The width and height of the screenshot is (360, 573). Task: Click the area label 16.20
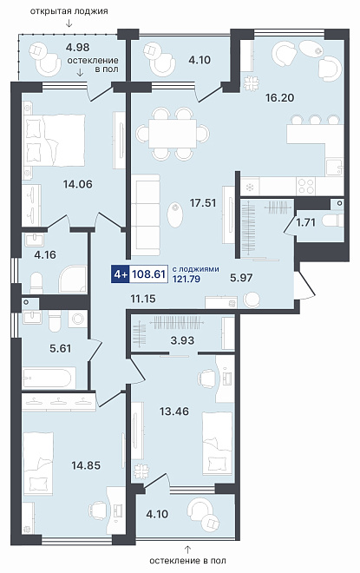pyautogui.click(x=279, y=97)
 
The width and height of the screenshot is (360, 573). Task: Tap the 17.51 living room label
pyautogui.click(x=203, y=202)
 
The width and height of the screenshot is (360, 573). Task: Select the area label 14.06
pyautogui.click(x=77, y=184)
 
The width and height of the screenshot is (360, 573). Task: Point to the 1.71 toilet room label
pyautogui.click(x=305, y=222)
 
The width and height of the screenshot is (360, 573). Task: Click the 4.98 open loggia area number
pyautogui.click(x=77, y=47)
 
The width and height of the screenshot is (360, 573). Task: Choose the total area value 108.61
pyautogui.click(x=148, y=273)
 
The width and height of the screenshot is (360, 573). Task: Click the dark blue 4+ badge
pyautogui.click(x=120, y=273)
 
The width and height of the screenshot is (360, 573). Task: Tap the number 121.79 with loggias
pyautogui.click(x=186, y=280)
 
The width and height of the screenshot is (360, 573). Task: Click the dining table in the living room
pyautogui.click(x=173, y=134)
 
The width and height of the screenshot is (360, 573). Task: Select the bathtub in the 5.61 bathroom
pyautogui.click(x=46, y=379)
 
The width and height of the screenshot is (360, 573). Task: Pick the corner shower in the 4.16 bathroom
pyautogui.click(x=74, y=280)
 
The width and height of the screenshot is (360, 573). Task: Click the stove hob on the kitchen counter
pyautogui.click(x=305, y=186)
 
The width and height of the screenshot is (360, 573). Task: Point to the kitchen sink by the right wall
pyautogui.click(x=335, y=167)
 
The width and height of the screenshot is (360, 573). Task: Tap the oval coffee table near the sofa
pyautogui.click(x=175, y=215)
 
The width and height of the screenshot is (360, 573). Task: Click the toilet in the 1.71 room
pyautogui.click(x=334, y=221)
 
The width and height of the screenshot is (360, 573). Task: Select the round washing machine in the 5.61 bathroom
pyautogui.click(x=78, y=319)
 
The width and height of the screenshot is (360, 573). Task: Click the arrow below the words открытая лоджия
pyautogui.click(x=69, y=23)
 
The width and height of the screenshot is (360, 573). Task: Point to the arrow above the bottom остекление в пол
pyautogui.click(x=187, y=550)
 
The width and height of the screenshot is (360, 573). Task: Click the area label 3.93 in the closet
pyautogui.click(x=182, y=340)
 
